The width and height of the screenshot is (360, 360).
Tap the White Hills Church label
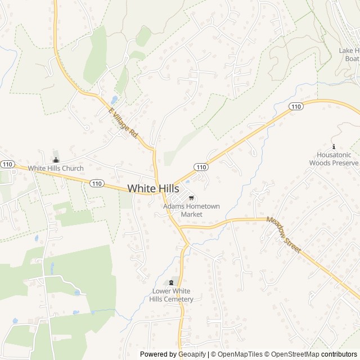[56, 168]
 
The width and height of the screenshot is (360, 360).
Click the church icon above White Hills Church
[55, 159]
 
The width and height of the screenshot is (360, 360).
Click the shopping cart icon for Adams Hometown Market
[191, 197]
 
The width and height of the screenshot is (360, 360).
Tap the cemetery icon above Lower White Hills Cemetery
[172, 282]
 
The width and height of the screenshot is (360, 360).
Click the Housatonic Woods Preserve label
[333, 159]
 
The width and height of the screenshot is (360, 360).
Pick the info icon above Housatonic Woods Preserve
[333, 146]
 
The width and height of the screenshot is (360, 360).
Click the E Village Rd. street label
[123, 123]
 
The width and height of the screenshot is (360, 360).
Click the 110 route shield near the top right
[296, 106]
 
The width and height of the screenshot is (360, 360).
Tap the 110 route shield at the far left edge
[7, 164]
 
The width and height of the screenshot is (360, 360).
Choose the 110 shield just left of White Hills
[97, 183]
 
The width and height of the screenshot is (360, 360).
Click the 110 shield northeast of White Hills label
[201, 167]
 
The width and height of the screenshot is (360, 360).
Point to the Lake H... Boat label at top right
[350, 54]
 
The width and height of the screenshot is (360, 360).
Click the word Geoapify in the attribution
[192, 354]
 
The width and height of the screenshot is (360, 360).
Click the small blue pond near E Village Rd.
[114, 100]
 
